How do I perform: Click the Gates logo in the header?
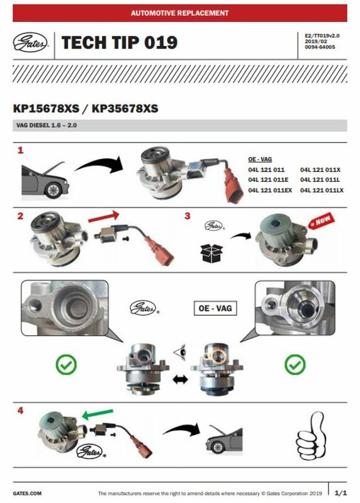(30, 43)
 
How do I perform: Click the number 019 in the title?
(160, 43)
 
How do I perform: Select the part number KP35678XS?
(125, 108)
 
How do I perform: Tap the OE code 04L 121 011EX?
(270, 191)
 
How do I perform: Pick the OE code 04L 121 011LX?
(322, 191)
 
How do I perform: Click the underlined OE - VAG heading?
(260, 159)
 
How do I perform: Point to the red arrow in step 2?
(103, 216)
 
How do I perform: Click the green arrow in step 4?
(98, 414)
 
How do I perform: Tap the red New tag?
(322, 221)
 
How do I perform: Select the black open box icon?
(211, 253)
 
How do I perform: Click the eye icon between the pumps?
(180, 352)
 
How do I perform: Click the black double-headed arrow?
(180, 380)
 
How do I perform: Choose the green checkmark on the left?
(66, 365)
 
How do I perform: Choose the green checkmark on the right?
(295, 365)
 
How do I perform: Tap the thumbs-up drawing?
(310, 436)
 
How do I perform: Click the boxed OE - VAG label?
(215, 308)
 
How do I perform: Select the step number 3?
(188, 216)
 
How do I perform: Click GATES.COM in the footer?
(27, 494)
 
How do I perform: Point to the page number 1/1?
(340, 493)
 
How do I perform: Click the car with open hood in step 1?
(45, 180)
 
